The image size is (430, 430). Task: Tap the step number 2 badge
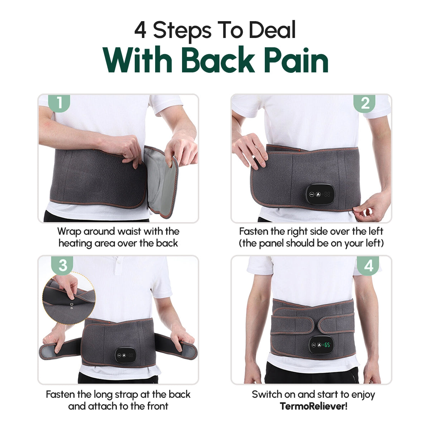(364, 103)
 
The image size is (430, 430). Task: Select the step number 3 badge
(63, 265)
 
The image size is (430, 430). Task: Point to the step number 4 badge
(368, 266)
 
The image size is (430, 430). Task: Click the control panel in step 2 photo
(319, 195)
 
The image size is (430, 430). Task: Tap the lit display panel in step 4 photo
(320, 345)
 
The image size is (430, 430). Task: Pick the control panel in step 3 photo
(125, 356)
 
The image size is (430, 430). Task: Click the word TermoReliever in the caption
(312, 406)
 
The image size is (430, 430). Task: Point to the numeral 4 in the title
(140, 30)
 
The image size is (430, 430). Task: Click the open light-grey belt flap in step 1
(162, 181)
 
